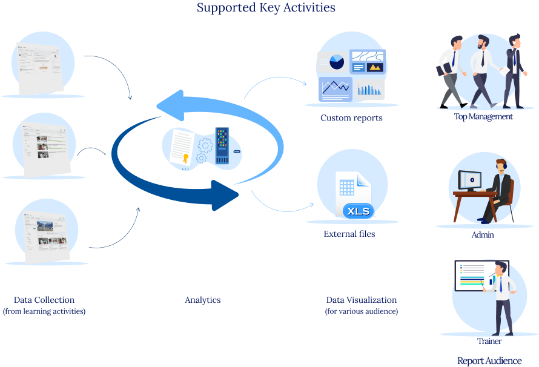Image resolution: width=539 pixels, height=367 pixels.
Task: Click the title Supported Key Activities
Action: (x=266, y=8)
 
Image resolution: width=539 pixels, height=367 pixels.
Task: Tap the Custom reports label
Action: (x=351, y=118)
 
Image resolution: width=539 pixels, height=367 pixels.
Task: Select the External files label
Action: (x=349, y=234)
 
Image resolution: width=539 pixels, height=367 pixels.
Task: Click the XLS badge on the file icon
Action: (x=359, y=211)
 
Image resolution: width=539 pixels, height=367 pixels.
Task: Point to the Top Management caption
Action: (x=483, y=116)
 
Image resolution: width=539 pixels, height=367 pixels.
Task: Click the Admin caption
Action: (x=483, y=234)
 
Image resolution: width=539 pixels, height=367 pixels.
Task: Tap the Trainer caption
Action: (x=489, y=341)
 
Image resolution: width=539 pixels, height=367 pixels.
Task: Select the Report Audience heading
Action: (x=489, y=361)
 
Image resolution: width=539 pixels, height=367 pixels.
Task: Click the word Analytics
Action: (x=202, y=300)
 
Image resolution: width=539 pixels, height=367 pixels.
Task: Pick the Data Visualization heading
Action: (x=361, y=300)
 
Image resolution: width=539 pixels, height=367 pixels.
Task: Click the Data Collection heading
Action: (x=44, y=300)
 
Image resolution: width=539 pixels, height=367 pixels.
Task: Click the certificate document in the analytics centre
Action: (x=181, y=148)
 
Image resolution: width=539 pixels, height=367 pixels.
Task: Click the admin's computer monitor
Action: (x=469, y=180)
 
